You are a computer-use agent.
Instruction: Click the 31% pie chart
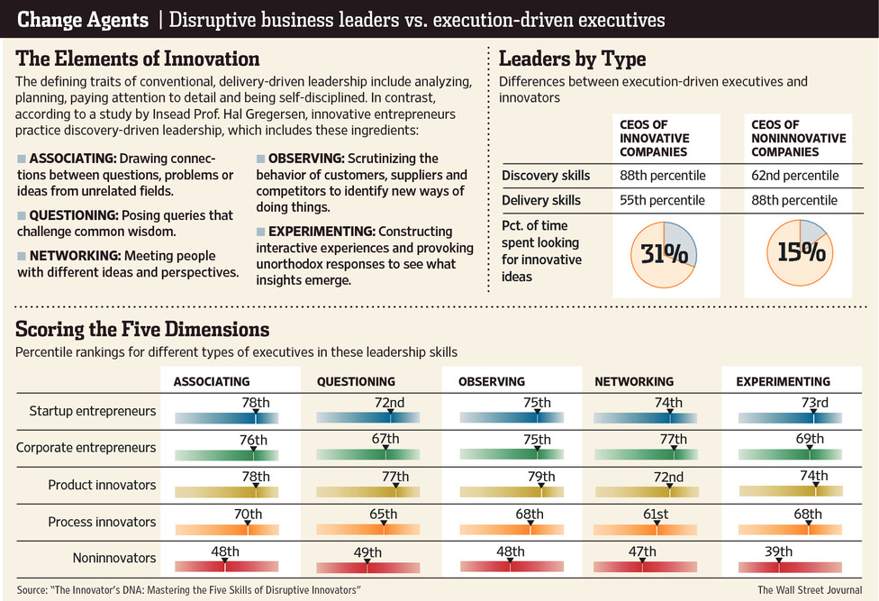666,253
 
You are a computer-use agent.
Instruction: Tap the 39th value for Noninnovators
780,551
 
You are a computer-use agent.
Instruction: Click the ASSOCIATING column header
212,381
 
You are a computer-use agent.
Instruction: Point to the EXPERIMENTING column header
783,381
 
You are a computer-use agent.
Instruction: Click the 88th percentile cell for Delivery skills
794,200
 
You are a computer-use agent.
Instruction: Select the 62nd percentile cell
794,175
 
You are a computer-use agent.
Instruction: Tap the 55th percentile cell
662,200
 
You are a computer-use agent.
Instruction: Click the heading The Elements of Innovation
138,59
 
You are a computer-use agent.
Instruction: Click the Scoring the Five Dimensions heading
142,329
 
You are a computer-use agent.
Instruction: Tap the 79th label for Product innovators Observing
541,477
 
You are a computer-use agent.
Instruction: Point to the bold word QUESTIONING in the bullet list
73,215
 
